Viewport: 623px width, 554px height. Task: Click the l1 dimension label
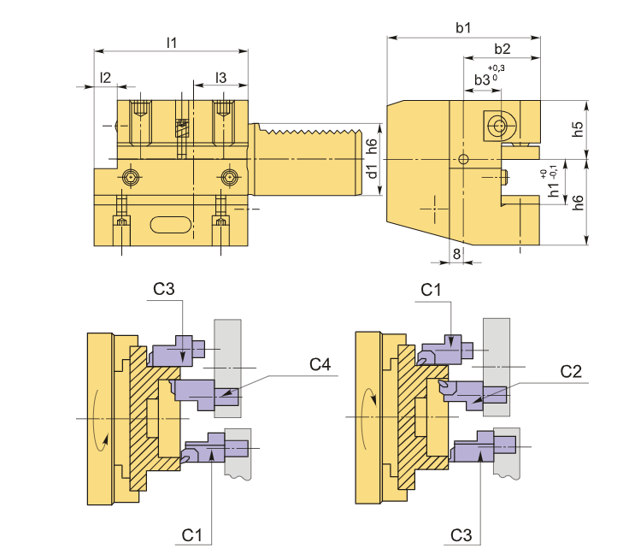click(172, 41)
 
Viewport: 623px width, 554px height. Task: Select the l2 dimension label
click(105, 77)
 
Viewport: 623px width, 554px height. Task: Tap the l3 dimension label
click(220, 77)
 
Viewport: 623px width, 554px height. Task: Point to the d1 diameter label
click(372, 171)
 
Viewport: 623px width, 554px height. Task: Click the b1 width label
click(463, 28)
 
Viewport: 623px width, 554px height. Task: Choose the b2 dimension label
click(503, 48)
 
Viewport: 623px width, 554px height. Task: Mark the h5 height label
click(578, 130)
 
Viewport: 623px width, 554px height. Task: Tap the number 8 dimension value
click(456, 254)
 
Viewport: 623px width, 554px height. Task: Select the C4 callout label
click(320, 365)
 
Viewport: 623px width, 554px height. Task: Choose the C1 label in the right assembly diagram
click(432, 289)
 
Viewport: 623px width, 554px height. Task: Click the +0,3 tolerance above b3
click(496, 68)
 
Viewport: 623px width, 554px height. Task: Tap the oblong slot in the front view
click(171, 224)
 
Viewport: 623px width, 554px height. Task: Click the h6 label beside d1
click(371, 145)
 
